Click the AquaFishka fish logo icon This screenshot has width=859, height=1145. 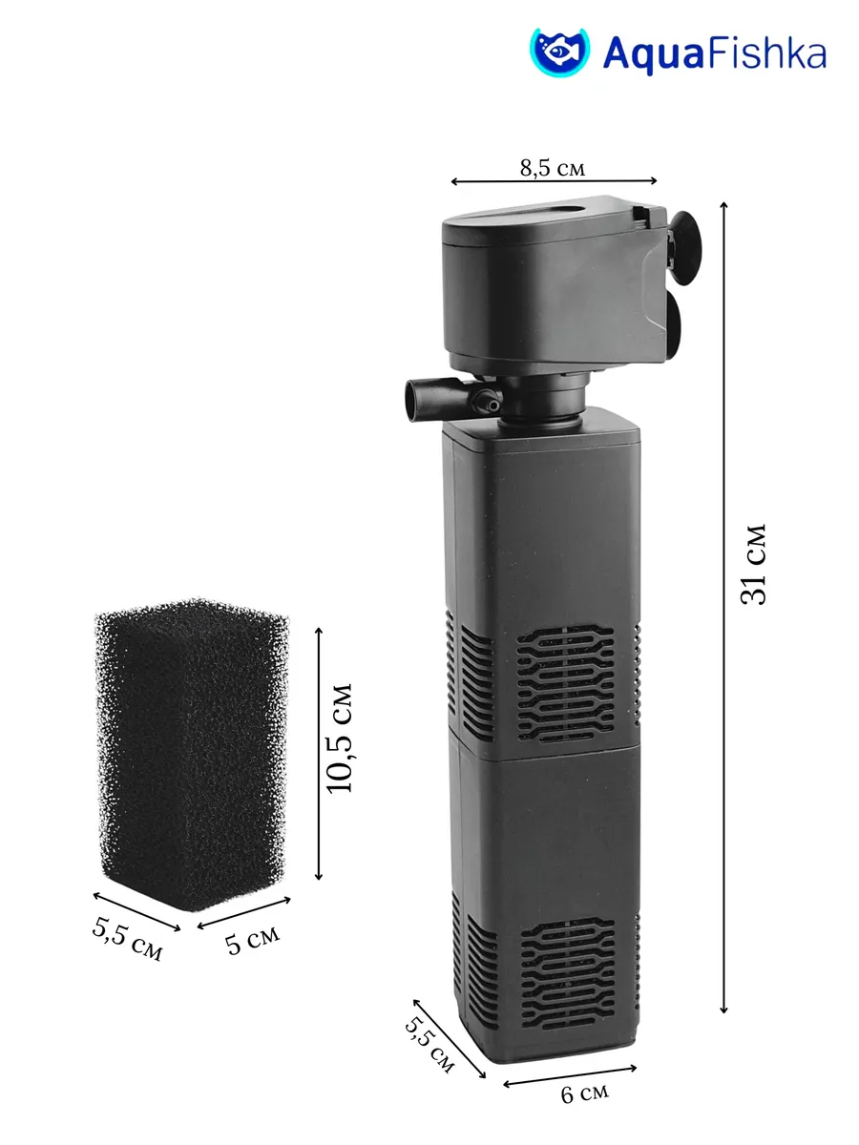(559, 52)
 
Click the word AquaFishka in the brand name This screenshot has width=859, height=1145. (715, 54)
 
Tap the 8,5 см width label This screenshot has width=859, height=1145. (553, 168)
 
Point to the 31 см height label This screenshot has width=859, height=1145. (753, 564)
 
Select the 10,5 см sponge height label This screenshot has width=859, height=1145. (339, 738)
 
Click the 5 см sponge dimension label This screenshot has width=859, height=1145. (252, 941)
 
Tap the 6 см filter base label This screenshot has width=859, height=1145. (584, 1093)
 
